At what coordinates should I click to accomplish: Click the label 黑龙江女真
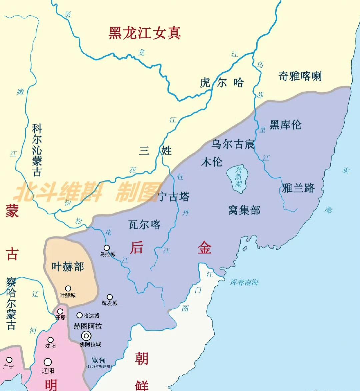[x=145, y=33]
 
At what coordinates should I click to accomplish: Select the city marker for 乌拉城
[x=107, y=247]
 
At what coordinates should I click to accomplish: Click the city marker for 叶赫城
[x=68, y=288]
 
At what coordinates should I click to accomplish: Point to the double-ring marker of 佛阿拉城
[x=87, y=336]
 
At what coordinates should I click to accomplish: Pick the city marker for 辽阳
[x=48, y=362]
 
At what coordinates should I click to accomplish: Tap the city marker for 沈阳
[x=50, y=340]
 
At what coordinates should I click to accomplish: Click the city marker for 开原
[x=60, y=311]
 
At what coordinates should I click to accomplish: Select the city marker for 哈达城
[x=79, y=315]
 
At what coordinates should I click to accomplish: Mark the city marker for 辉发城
[x=110, y=297]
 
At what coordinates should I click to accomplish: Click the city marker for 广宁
[x=9, y=360]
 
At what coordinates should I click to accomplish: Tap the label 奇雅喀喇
[x=300, y=76]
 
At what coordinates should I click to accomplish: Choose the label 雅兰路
[x=298, y=188]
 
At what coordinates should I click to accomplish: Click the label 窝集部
[x=244, y=210]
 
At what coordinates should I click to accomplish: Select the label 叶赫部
[x=68, y=266]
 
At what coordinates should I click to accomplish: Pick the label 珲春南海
[x=244, y=282]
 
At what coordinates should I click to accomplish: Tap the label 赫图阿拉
[x=88, y=326]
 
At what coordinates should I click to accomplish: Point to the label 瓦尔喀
[x=144, y=224]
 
